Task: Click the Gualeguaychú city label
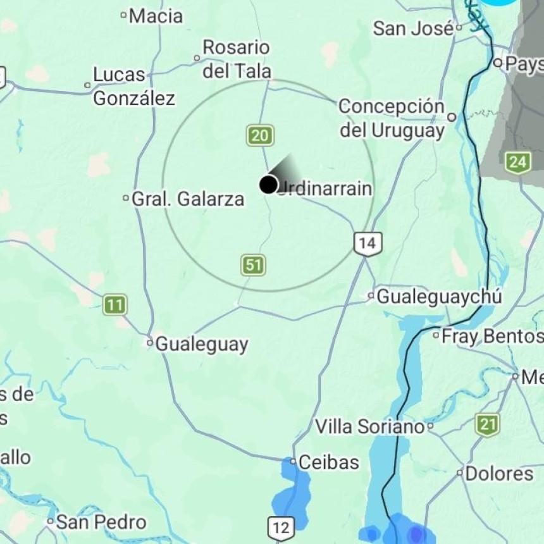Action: coord(439,296)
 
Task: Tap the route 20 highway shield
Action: coord(260,135)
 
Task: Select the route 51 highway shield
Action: coord(253,265)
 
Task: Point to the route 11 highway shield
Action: coord(114,305)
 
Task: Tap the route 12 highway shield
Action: coord(281,526)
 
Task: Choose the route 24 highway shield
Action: coord(517,163)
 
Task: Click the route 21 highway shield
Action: coord(487,424)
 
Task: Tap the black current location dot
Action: coord(268,185)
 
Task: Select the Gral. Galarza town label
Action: coord(187,199)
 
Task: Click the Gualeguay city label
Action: coord(201,344)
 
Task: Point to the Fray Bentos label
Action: coord(491,336)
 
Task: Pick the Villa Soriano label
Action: coord(369,427)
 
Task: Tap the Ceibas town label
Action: coord(328,462)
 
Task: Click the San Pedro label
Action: coord(101,522)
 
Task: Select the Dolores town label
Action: coord(499,473)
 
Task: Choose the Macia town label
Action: coord(156,16)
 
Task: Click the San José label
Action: coord(413,28)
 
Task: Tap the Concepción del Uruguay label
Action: coord(392,118)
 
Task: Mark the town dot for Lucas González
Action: coord(88,85)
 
